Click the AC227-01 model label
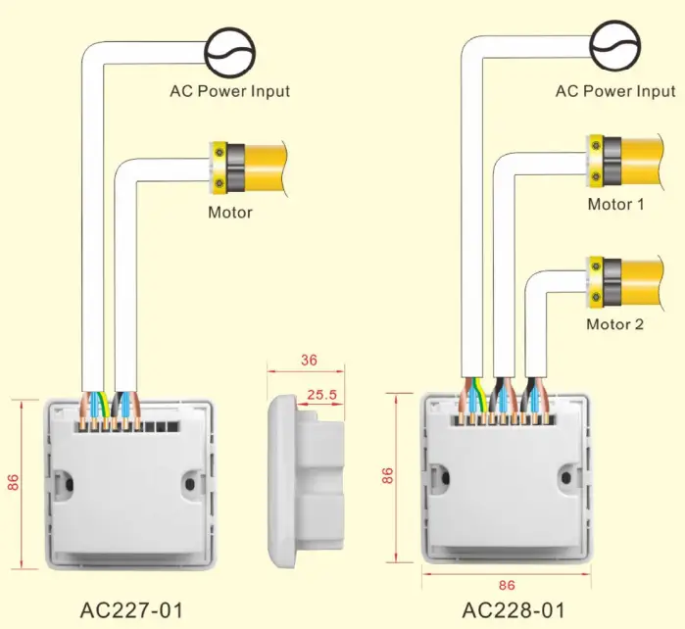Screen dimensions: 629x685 pyautogui.click(x=131, y=607)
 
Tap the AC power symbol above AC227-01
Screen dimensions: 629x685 pyautogui.click(x=230, y=45)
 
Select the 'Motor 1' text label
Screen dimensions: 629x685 pyautogui.click(x=615, y=205)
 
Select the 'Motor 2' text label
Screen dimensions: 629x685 pyautogui.click(x=615, y=324)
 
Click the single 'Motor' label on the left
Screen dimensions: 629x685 pyautogui.click(x=229, y=212)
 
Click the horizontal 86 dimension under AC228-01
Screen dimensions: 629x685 pyautogui.click(x=507, y=584)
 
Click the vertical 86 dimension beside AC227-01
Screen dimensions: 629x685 pyautogui.click(x=13, y=482)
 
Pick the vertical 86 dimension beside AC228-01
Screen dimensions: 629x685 pyautogui.click(x=388, y=476)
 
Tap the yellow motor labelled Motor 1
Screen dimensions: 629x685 pyautogui.click(x=632, y=163)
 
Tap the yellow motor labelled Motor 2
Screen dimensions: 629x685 pyautogui.click(x=632, y=282)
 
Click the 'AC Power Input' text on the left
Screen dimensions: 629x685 pyautogui.click(x=230, y=91)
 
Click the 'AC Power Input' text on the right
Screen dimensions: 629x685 pyautogui.click(x=615, y=91)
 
